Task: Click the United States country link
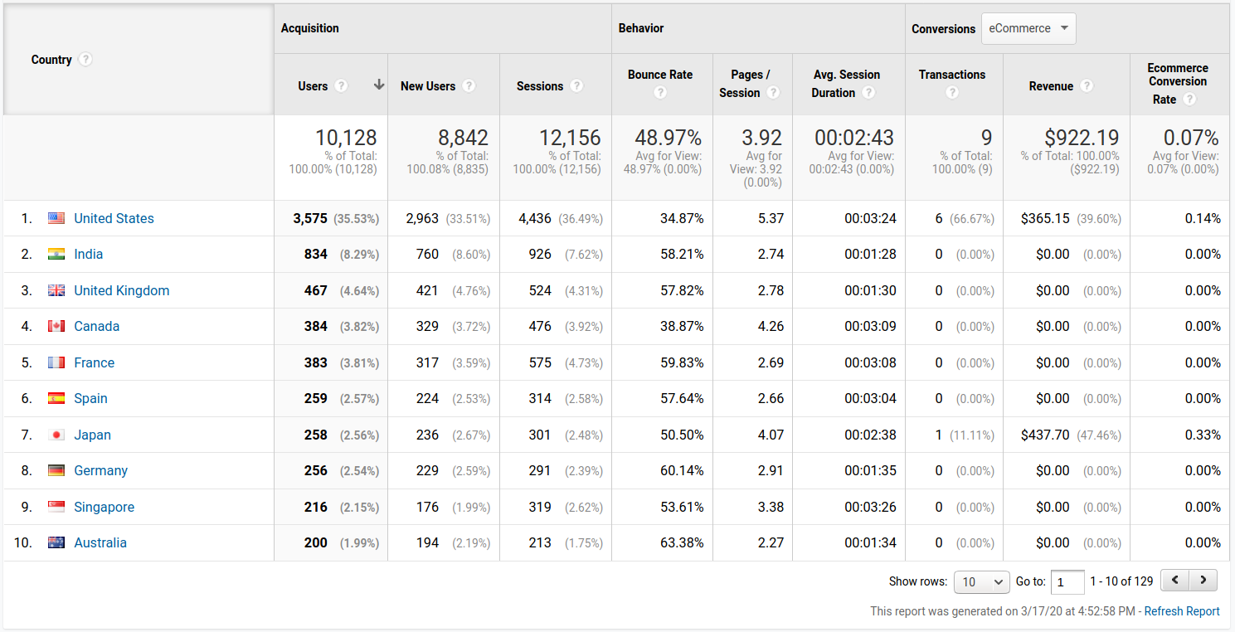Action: coord(114,218)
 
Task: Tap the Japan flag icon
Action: coord(56,435)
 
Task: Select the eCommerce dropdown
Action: coord(1028,28)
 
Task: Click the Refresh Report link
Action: coord(1181,611)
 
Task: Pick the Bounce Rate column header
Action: coord(660,75)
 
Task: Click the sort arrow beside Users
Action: coord(379,85)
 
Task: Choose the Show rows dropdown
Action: coord(981,581)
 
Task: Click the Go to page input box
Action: coord(1067,581)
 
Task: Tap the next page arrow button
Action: coord(1203,581)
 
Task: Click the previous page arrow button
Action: coord(1174,581)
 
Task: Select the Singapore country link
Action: coord(104,507)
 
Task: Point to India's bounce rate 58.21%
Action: coord(682,254)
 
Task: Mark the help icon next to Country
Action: coord(85,60)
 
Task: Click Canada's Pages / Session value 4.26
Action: coord(771,326)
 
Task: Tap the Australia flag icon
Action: coord(56,542)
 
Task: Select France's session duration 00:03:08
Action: coord(870,362)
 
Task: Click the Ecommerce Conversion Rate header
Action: coord(1177,81)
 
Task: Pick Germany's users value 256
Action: coord(316,470)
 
